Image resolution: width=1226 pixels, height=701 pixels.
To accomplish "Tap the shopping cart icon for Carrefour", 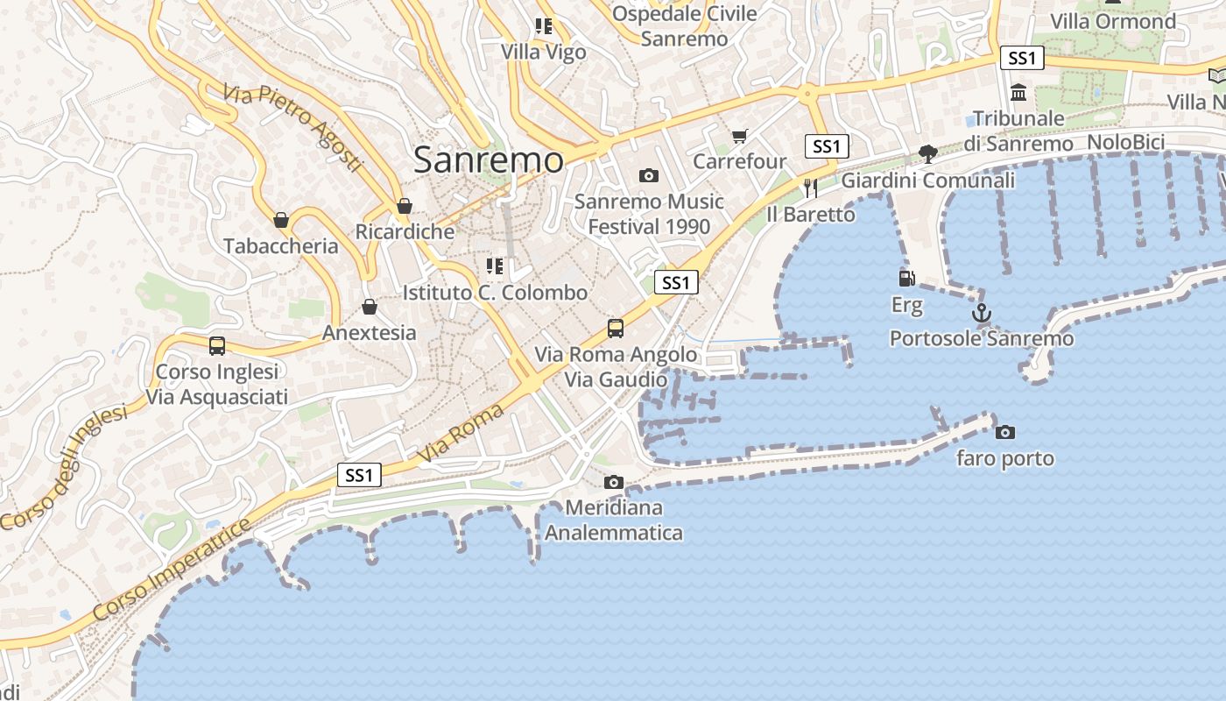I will [740, 136].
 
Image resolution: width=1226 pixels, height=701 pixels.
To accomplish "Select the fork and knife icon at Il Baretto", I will [811, 188].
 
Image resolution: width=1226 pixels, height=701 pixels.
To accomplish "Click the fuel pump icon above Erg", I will [907, 279].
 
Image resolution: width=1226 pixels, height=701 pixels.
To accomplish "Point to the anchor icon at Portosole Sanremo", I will [982, 312].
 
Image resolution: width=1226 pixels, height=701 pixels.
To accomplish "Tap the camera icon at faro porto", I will [1005, 432].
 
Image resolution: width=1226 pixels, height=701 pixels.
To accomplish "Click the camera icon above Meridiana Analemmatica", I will [614, 482].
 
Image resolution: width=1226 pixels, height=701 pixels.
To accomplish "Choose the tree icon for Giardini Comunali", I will [928, 155].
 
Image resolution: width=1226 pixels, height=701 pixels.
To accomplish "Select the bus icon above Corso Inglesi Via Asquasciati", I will [217, 346].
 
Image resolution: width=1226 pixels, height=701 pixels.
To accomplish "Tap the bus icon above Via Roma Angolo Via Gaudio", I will [616, 329].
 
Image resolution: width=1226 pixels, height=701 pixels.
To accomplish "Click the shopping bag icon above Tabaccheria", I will [281, 219].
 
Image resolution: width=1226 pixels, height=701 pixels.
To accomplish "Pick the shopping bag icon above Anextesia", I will [370, 307].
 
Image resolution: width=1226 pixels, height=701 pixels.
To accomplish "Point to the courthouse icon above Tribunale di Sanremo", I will [1018, 92].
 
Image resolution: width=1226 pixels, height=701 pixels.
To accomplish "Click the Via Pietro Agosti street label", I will [292, 128].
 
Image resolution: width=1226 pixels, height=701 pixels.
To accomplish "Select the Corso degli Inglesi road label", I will [63, 466].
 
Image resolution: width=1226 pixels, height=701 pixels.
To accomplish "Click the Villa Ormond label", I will [1112, 21].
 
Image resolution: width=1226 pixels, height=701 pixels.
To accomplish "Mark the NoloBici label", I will [1125, 142].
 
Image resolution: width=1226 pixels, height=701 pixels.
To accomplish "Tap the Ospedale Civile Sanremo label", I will [684, 26].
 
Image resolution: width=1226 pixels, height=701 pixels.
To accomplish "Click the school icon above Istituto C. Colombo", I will [495, 266].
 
